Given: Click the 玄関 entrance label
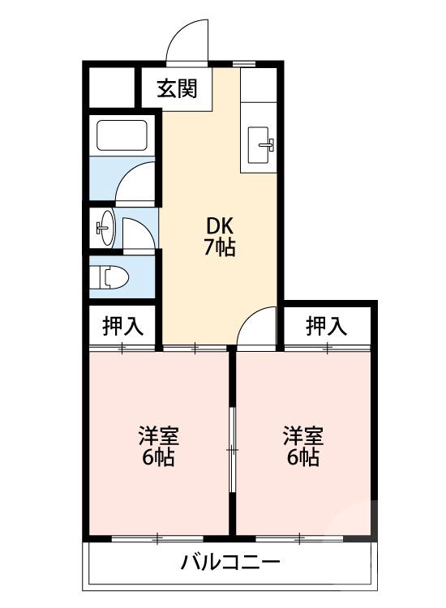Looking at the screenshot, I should click(177, 88).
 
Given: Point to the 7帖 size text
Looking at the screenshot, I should click(219, 248).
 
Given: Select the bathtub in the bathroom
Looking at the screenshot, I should click(122, 135).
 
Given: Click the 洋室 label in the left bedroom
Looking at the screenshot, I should click(157, 436).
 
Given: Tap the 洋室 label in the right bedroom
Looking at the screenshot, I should click(302, 436).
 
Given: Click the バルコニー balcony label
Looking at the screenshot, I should click(230, 562).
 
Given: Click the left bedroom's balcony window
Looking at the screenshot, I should click(157, 537).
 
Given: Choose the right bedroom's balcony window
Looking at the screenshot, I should click(300, 537).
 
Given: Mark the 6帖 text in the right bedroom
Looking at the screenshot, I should click(302, 457).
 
